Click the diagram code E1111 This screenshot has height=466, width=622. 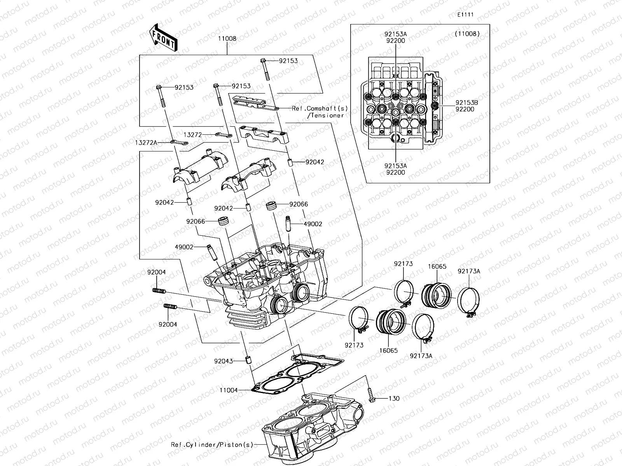(x=465, y=15)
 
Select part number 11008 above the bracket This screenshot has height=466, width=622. (x=227, y=39)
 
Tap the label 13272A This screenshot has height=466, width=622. (x=146, y=143)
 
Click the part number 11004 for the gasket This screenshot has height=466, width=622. (x=228, y=390)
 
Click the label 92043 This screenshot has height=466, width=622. (x=223, y=361)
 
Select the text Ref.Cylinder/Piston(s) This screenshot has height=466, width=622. (x=212, y=445)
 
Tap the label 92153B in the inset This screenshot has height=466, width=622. (x=467, y=103)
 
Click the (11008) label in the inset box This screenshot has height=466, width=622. (x=467, y=34)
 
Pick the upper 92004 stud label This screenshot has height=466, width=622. (x=156, y=272)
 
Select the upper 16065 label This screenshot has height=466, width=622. (x=437, y=267)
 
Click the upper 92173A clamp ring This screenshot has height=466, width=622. (x=469, y=301)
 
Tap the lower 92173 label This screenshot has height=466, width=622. (x=354, y=345)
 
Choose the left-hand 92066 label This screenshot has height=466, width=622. (x=195, y=221)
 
